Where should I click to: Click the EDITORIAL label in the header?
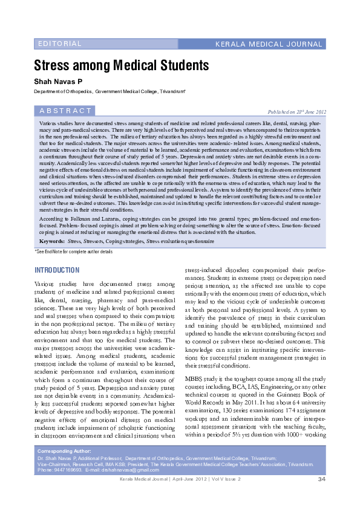click(x=59, y=44)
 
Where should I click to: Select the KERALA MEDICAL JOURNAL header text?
click(x=270, y=45)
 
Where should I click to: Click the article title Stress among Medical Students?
click(x=121, y=65)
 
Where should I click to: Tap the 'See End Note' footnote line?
click(x=73, y=251)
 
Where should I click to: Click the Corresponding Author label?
click(x=64, y=451)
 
